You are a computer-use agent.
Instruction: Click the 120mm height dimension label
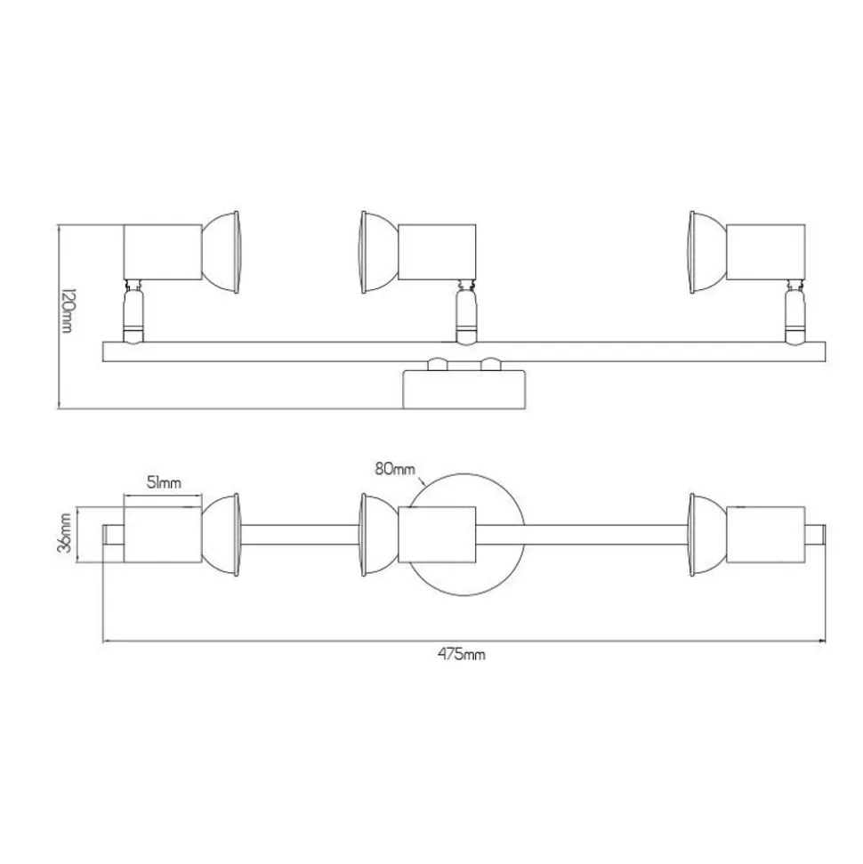pos(67,311)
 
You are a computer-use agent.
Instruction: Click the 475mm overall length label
pos(462,654)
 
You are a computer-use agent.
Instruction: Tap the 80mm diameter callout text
pos(395,469)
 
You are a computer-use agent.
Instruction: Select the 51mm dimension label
pos(164,482)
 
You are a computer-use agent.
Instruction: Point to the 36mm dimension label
pos(65,532)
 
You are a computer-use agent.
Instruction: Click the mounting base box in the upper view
pos(464,390)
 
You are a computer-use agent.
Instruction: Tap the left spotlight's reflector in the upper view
pos(221,252)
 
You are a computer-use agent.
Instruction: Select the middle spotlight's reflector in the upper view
pos(380,252)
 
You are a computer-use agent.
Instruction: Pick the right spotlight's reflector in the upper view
pos(707,252)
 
